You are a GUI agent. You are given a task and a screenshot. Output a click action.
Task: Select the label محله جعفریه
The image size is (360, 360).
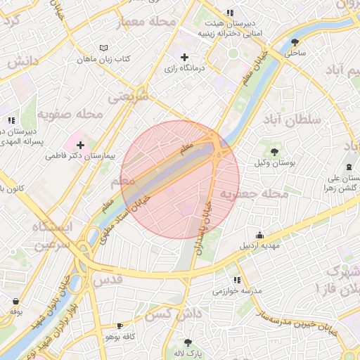click(254, 193)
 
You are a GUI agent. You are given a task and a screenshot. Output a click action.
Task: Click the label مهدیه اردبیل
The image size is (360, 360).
click(261, 247)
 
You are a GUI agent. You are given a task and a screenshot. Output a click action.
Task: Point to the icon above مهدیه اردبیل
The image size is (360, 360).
click(261, 236)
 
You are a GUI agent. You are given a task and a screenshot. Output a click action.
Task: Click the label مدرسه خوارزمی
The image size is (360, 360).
click(237, 290)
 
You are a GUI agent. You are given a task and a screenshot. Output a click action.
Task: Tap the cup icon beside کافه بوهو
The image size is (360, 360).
click(120, 326)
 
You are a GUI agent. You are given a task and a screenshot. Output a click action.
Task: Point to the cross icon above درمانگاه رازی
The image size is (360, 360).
click(184, 57)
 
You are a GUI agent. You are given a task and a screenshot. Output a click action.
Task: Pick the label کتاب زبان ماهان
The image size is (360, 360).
click(104, 59)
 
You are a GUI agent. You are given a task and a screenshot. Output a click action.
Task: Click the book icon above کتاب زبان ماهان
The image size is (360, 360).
click(104, 48)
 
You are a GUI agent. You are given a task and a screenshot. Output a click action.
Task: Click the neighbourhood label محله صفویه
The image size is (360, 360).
click(70, 113)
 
